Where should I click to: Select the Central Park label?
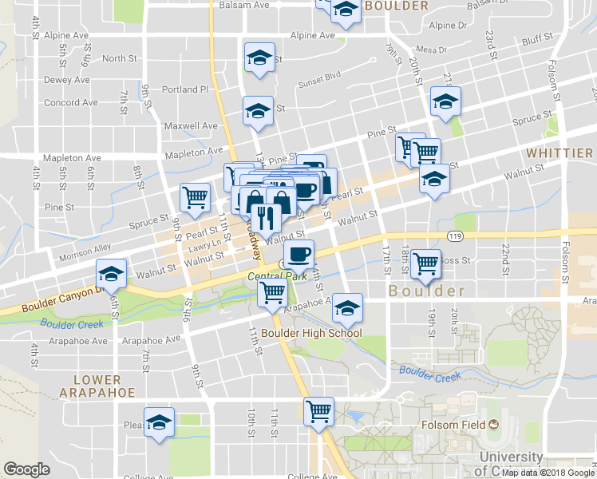[277, 276]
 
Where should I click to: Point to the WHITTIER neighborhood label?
[559, 152]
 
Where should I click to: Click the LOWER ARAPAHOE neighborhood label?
[97, 386]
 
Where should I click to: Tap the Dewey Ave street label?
[66, 80]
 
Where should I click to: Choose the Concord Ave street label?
[71, 102]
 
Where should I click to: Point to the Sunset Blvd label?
[319, 81]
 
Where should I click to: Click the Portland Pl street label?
[184, 89]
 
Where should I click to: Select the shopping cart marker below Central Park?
[272, 294]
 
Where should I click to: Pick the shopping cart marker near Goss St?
[426, 263]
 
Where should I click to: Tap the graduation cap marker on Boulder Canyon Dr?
[112, 275]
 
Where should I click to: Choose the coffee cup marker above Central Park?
[298, 255]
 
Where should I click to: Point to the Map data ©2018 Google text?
[547, 473]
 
